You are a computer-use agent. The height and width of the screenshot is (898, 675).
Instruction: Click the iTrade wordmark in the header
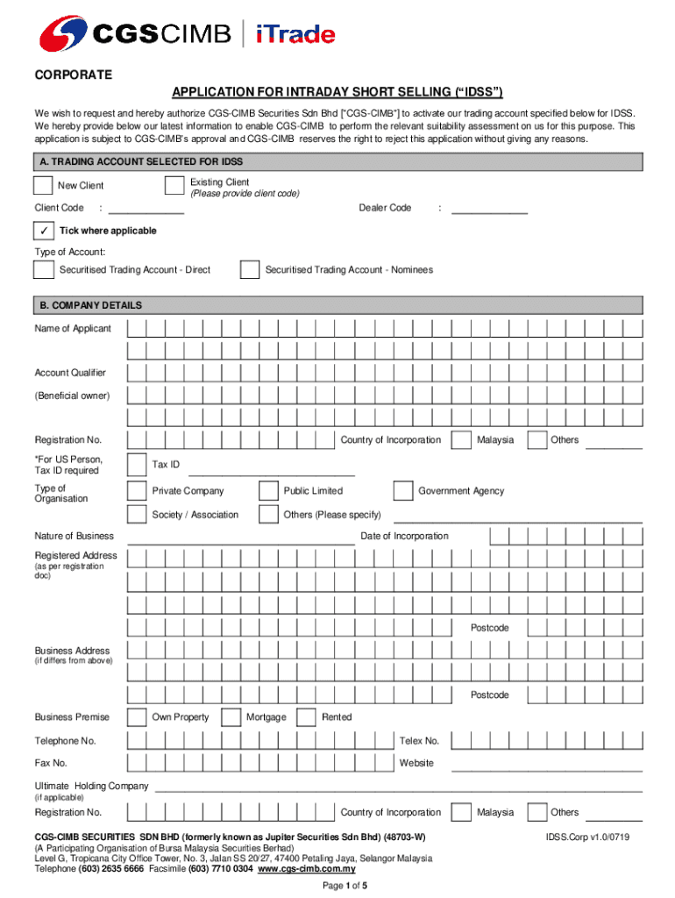[295, 35]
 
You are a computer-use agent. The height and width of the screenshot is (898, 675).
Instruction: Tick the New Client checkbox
[42, 185]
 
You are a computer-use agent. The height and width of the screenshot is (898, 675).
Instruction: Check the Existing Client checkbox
[174, 185]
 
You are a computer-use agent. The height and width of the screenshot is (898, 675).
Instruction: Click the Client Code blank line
[146, 213]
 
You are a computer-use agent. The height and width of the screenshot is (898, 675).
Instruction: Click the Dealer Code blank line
[489, 213]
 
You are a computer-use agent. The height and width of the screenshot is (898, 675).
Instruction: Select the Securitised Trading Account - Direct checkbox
[42, 269]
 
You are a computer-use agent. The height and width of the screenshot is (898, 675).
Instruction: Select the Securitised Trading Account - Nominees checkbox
[249, 269]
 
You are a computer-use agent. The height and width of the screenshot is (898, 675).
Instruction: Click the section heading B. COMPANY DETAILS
[89, 306]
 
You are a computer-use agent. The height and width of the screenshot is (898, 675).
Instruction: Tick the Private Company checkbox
[137, 490]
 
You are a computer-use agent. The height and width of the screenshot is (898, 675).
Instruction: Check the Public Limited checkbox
[268, 490]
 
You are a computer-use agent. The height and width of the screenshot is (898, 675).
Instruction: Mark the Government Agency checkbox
[402, 490]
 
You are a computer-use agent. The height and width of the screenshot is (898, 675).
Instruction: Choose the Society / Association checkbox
[137, 514]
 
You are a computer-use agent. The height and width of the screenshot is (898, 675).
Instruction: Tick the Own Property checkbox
[137, 716]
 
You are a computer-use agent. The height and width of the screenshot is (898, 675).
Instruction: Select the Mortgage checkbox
[231, 716]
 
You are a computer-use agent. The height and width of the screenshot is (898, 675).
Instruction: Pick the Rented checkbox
[306, 716]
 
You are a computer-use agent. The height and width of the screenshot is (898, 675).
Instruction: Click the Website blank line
[546, 769]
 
